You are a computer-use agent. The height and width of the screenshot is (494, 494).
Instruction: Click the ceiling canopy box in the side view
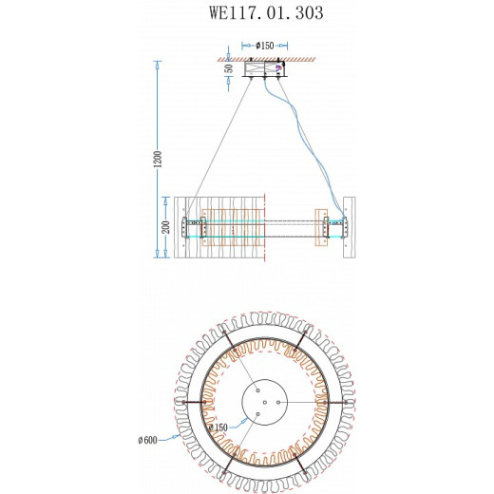[x=265, y=69]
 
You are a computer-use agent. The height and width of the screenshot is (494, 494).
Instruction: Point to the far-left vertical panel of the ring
[x=178, y=228]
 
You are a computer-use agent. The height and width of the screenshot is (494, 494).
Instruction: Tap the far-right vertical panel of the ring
[x=348, y=228]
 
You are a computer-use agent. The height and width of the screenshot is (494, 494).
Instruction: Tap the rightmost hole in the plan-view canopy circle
[x=279, y=403]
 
